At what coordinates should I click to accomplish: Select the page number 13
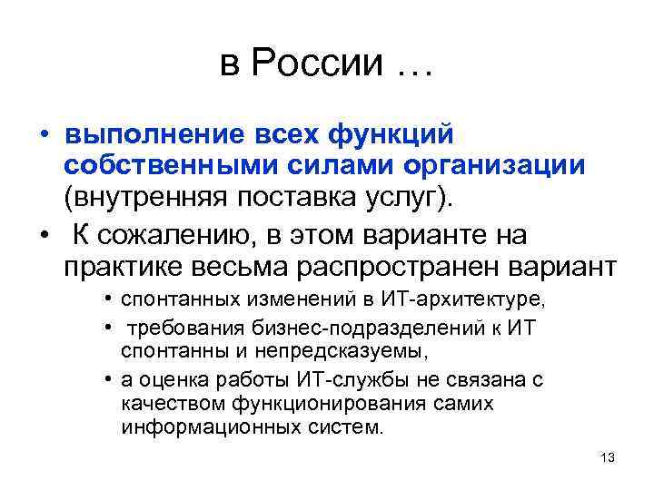point(608,458)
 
